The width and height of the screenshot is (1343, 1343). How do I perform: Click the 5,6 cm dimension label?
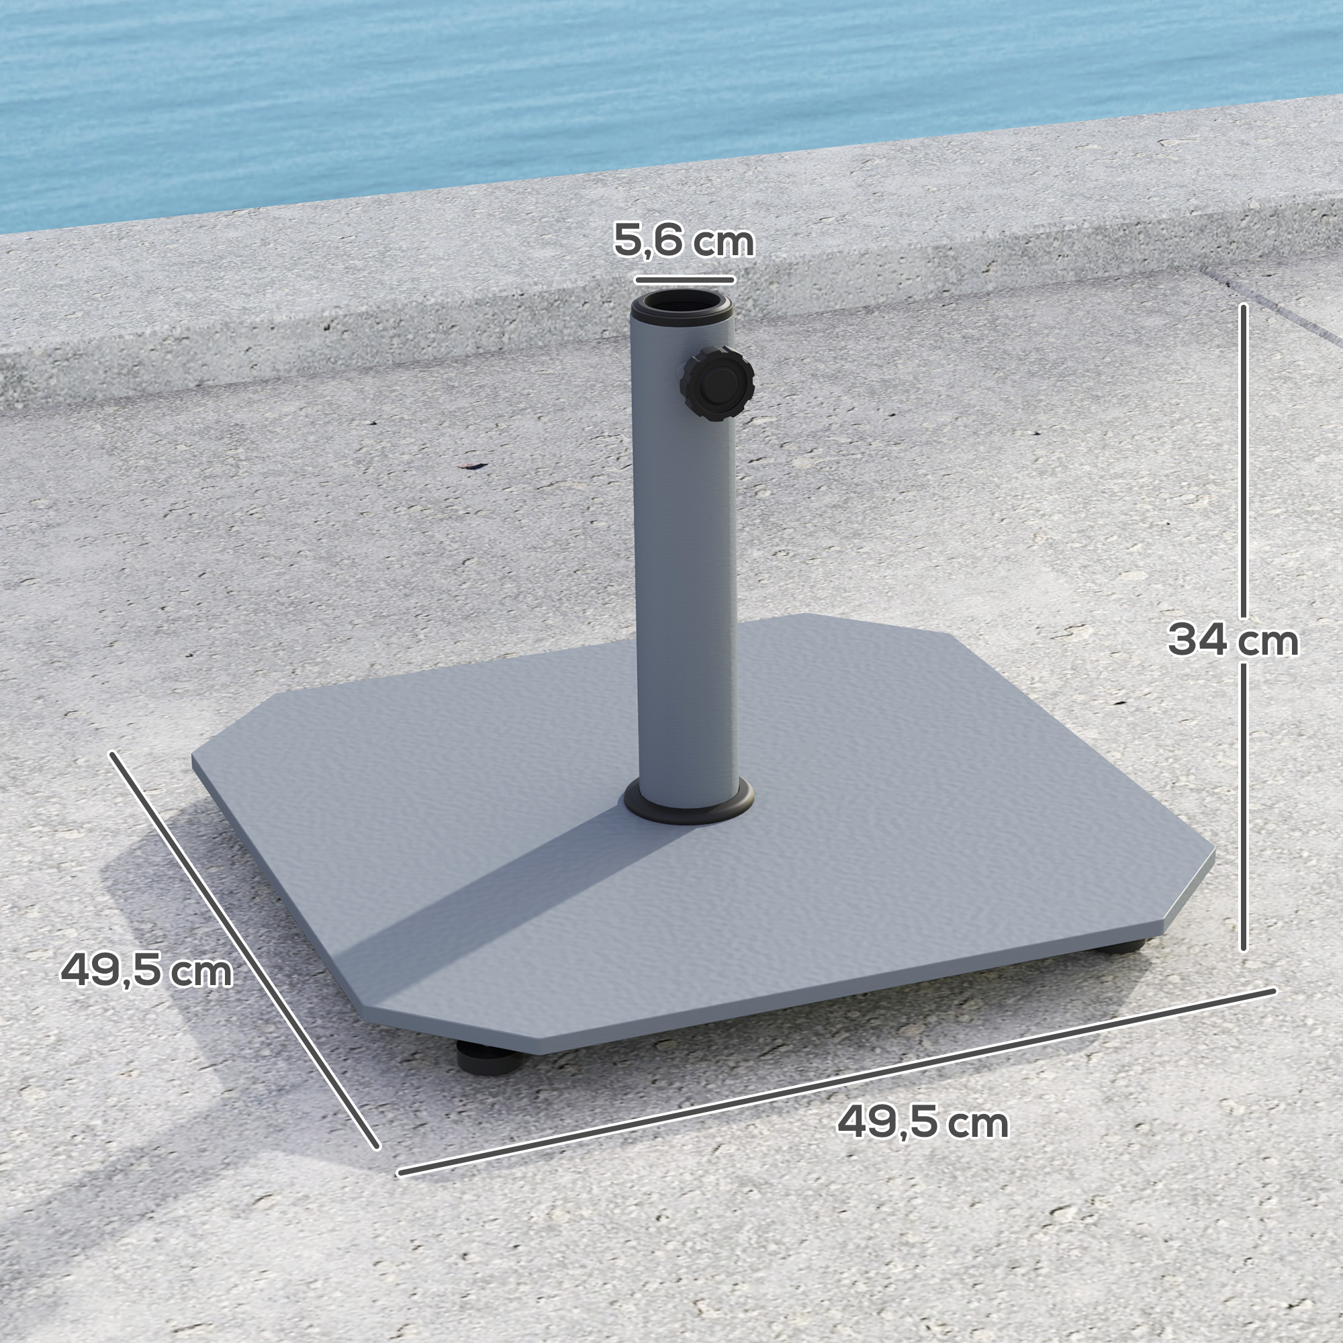click(684, 241)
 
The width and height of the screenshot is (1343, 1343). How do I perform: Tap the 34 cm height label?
click(1232, 640)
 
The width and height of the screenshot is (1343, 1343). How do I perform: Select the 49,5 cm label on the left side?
click(146, 970)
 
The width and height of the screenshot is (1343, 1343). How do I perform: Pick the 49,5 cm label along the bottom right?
click(923, 1122)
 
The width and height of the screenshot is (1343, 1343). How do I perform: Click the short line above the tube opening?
click(684, 280)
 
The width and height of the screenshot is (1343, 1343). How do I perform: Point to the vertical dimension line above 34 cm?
click(1244, 459)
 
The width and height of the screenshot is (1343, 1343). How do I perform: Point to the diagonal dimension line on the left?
click(243, 949)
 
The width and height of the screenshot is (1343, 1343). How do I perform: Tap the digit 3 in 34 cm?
click(1186, 640)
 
